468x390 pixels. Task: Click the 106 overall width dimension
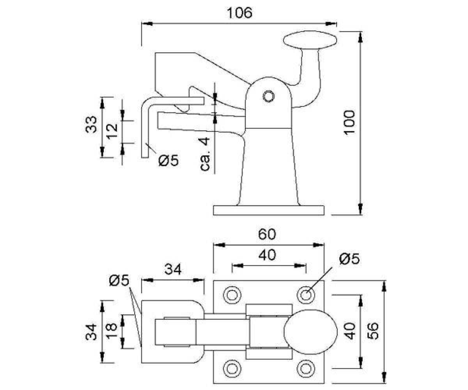[239, 12]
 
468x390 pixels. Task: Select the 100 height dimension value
[349, 122]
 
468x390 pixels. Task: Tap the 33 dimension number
[91, 124]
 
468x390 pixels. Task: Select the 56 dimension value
[373, 331]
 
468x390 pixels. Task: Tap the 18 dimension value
[112, 331]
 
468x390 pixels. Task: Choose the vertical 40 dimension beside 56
[349, 331]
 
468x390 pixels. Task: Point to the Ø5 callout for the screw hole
[350, 259]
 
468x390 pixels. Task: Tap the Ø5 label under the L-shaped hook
[168, 160]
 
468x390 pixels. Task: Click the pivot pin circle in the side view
[268, 96]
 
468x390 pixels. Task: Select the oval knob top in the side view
[310, 41]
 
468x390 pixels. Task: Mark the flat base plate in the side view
[269, 210]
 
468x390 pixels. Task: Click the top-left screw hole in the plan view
[232, 294]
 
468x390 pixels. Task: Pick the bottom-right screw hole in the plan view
[306, 368]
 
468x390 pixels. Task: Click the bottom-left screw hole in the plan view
[232, 368]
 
